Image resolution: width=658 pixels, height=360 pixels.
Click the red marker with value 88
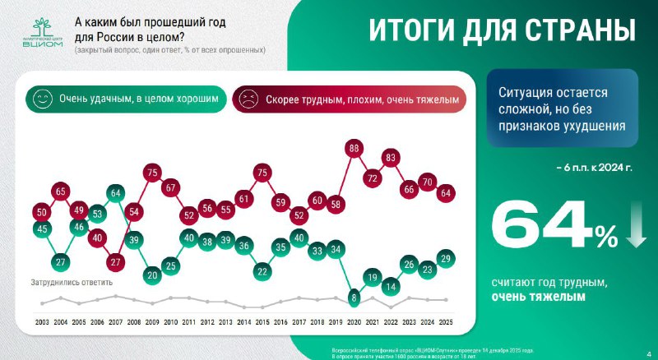[x=354, y=149]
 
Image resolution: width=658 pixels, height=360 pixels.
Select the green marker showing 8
[x=354, y=298]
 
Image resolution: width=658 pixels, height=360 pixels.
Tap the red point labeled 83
[x=392, y=158]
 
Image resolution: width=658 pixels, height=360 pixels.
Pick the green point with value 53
[x=97, y=215]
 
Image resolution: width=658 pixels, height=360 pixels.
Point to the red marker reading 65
[x=60, y=192]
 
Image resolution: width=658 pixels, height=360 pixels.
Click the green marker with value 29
[x=447, y=258]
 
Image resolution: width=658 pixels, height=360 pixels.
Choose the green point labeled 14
[x=392, y=287]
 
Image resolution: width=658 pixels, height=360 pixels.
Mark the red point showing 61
[x=244, y=198]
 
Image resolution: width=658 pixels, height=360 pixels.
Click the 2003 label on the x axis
[x=42, y=321]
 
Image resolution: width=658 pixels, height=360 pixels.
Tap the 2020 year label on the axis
[x=354, y=321]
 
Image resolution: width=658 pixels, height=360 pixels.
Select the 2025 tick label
[x=447, y=321]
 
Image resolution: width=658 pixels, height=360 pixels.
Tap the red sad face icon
[x=246, y=99]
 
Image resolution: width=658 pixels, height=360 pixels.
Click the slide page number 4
[x=647, y=345]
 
